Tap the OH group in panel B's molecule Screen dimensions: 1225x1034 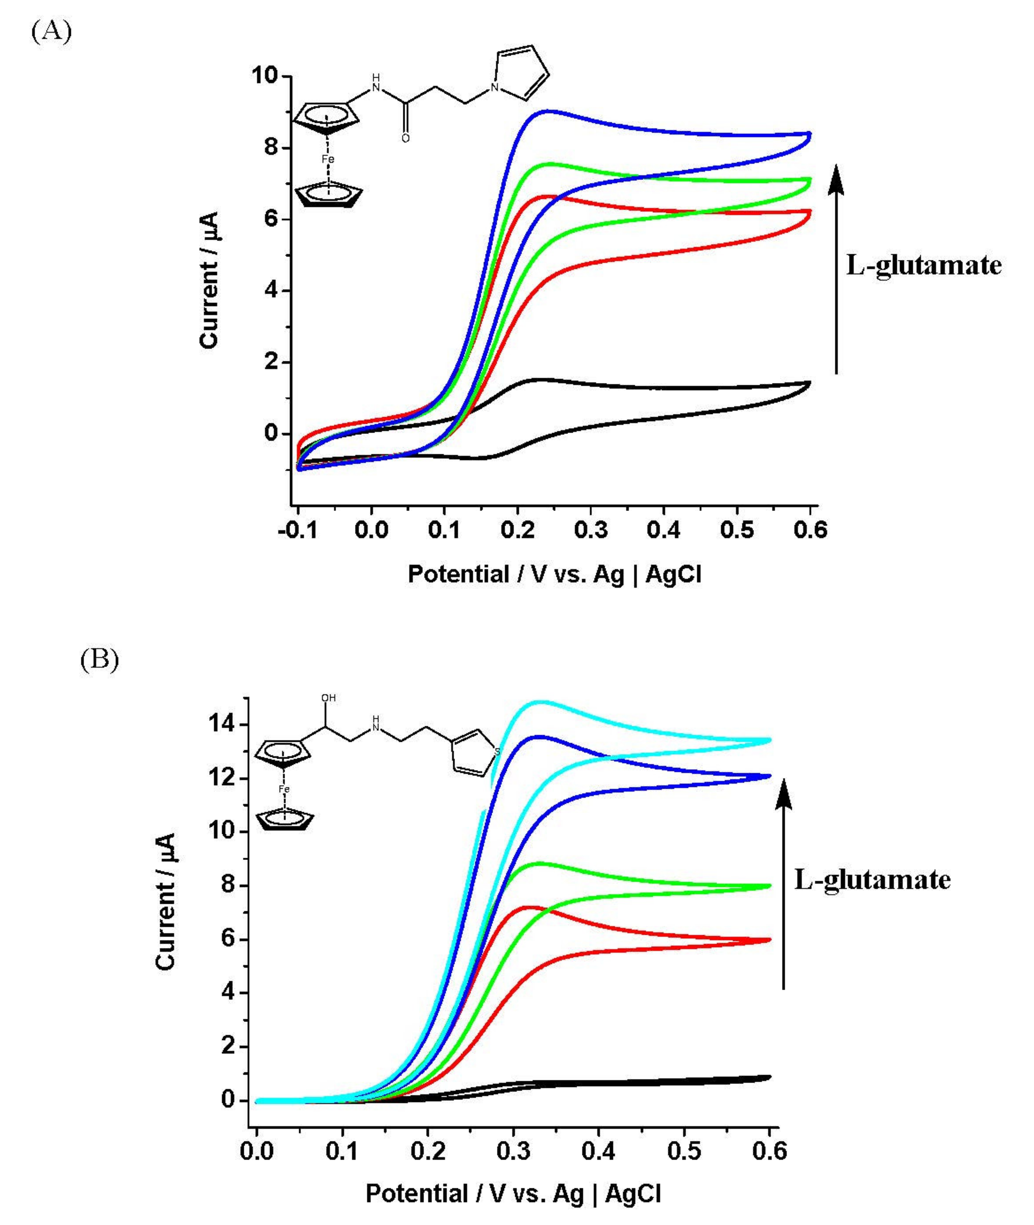pos(328,698)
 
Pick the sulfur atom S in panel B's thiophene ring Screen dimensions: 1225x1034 pos(497,751)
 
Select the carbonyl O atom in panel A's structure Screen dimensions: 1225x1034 pos(406,138)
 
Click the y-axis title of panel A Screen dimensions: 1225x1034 pos(209,280)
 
